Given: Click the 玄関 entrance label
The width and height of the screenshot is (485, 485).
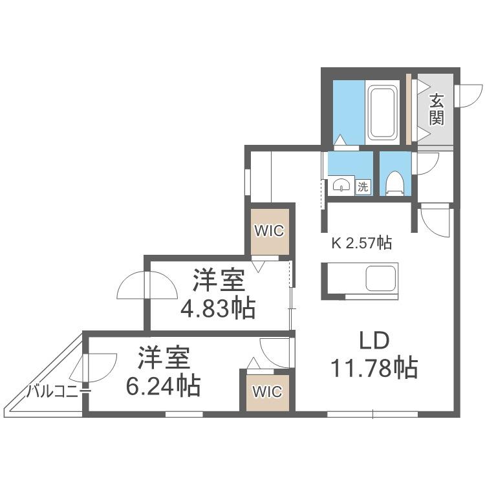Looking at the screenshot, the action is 436,109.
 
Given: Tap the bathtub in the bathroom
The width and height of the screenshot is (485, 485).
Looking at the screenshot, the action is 383,113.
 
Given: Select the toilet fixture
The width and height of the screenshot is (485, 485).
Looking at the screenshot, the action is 395,184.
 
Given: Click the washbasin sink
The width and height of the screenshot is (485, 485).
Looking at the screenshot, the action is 341,186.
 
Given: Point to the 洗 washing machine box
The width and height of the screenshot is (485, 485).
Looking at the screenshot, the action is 363,186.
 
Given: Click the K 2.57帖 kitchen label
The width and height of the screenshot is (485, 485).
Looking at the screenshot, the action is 361,242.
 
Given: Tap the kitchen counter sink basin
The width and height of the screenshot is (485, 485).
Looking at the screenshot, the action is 381,278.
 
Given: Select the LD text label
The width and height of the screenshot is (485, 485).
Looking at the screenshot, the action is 374,341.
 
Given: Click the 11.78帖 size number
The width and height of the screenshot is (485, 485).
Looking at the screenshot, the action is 374,368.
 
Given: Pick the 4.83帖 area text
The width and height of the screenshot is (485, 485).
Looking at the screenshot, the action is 218,308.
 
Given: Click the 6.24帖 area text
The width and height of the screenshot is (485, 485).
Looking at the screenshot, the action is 163,386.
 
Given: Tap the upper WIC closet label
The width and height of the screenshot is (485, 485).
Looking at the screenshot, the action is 269,230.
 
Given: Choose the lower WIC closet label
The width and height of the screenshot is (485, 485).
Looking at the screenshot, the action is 268,392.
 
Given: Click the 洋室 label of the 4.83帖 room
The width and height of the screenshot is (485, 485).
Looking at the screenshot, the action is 219,280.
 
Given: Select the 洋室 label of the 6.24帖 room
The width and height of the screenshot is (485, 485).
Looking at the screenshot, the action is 164,358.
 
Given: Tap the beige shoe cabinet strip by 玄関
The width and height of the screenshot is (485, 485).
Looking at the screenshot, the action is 409,109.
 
